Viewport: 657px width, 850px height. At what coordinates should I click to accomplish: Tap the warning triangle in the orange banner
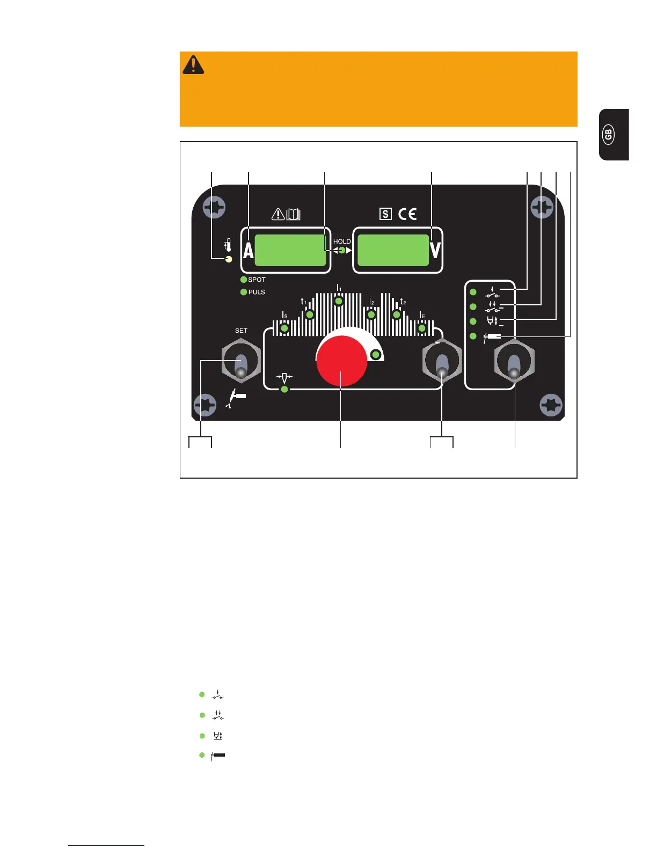[193, 64]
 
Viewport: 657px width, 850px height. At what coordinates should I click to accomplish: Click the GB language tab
[609, 135]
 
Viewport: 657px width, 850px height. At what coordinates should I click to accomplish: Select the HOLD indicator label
[342, 241]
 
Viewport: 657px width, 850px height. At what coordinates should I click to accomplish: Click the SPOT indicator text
[257, 280]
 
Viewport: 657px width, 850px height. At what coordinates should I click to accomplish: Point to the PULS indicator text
[257, 292]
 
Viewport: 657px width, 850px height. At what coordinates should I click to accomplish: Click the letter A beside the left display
[248, 250]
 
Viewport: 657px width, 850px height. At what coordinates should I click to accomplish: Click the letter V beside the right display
[435, 250]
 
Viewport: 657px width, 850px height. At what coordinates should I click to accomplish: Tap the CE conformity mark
[407, 214]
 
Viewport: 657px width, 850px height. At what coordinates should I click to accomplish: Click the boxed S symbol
[385, 214]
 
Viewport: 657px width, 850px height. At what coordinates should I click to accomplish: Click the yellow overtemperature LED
[229, 259]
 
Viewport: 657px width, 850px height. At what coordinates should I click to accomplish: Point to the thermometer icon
[228, 246]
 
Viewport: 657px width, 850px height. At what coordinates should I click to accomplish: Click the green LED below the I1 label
[338, 302]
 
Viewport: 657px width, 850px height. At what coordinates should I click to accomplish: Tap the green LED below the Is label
[285, 328]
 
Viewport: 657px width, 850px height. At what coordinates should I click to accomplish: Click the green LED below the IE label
[422, 328]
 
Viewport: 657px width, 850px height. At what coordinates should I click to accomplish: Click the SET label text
[241, 331]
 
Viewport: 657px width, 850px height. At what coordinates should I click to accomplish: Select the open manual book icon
[294, 215]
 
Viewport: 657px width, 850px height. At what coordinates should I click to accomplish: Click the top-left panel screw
[215, 207]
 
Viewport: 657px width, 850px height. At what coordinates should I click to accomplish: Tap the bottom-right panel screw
[551, 405]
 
